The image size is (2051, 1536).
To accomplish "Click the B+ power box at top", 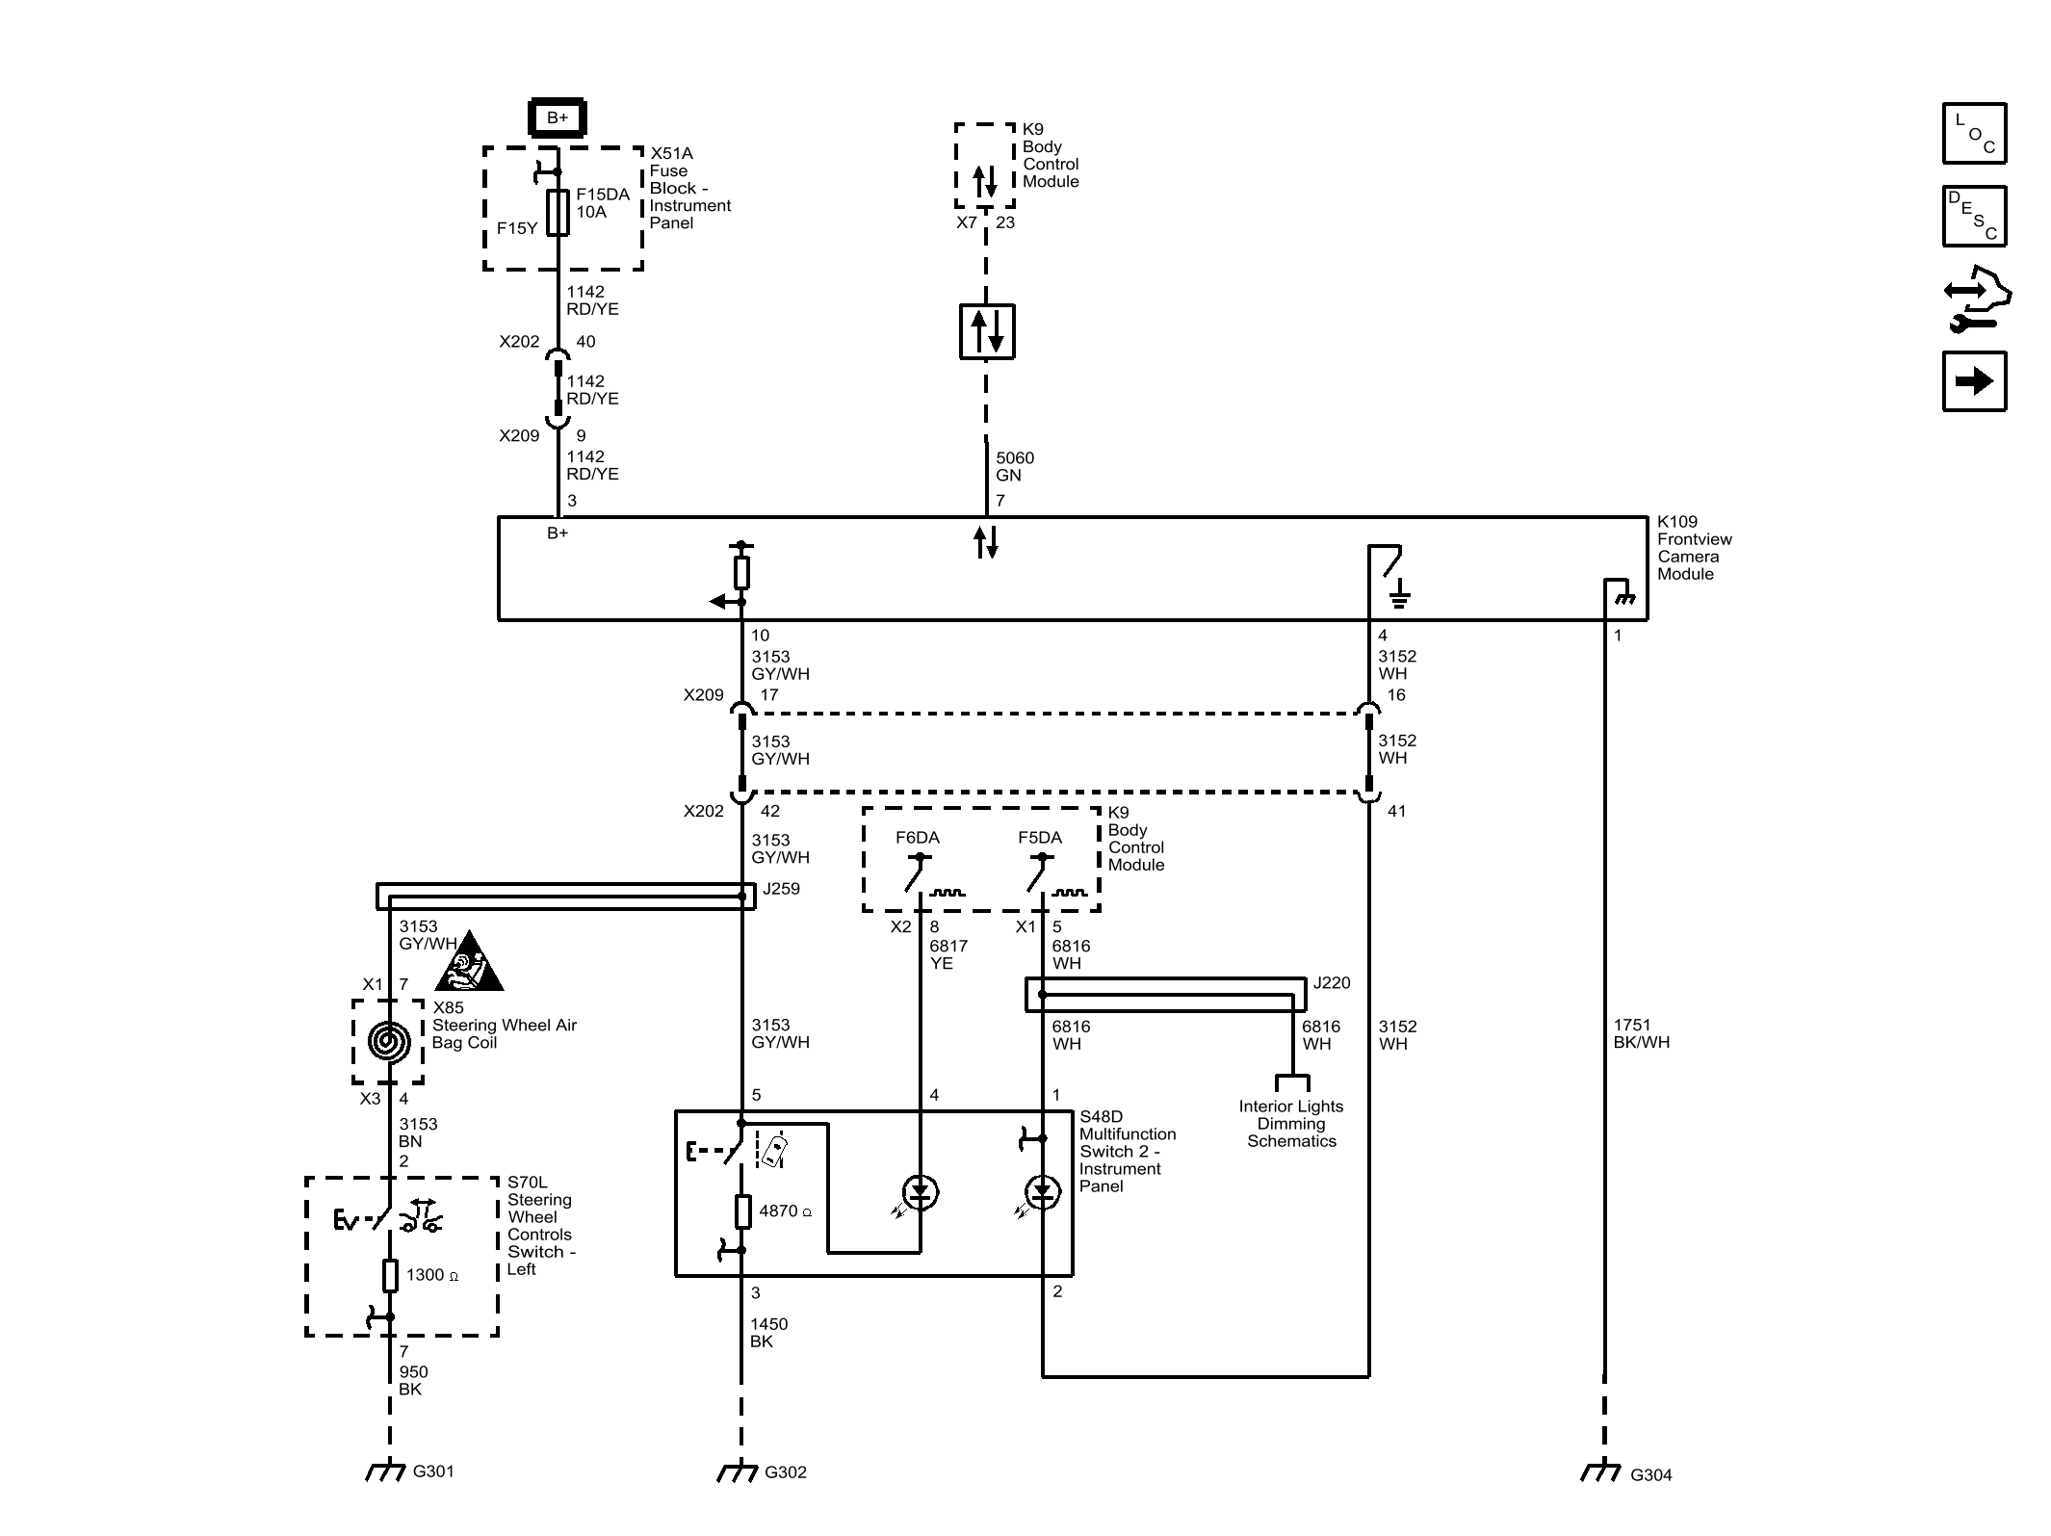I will pyautogui.click(x=558, y=117).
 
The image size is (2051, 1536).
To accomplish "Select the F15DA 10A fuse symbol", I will pyautogui.click(x=558, y=213).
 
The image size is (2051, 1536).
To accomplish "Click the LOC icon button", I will pyautogui.click(x=1974, y=134).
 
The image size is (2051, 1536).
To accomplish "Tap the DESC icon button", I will pyautogui.click(x=1974, y=217).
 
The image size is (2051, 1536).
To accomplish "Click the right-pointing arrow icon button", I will pyautogui.click(x=1974, y=381).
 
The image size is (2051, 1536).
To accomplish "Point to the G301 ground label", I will pyautogui.click(x=432, y=1471).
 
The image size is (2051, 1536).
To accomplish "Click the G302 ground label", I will pyautogui.click(x=785, y=1472).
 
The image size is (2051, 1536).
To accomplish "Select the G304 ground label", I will pyautogui.click(x=1650, y=1474).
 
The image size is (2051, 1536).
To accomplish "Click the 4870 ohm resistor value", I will pyautogui.click(x=785, y=1211).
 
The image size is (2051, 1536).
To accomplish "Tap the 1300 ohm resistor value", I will pyautogui.click(x=431, y=1275).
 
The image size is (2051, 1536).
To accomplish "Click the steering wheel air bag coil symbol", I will pyautogui.click(x=389, y=1041).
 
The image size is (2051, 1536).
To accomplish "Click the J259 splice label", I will pyautogui.click(x=781, y=889).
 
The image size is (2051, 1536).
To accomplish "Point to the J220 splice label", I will pyautogui.click(x=1332, y=983).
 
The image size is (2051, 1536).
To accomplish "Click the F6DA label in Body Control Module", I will pyautogui.click(x=917, y=838).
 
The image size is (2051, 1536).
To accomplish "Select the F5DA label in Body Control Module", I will pyautogui.click(x=1040, y=838).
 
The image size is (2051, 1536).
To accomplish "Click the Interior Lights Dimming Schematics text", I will pyautogui.click(x=1291, y=1124).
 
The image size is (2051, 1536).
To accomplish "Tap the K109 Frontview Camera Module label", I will pyautogui.click(x=1694, y=548).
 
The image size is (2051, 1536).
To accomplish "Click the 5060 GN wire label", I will pyautogui.click(x=1014, y=466).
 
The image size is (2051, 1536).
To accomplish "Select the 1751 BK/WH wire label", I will pyautogui.click(x=1641, y=1033).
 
